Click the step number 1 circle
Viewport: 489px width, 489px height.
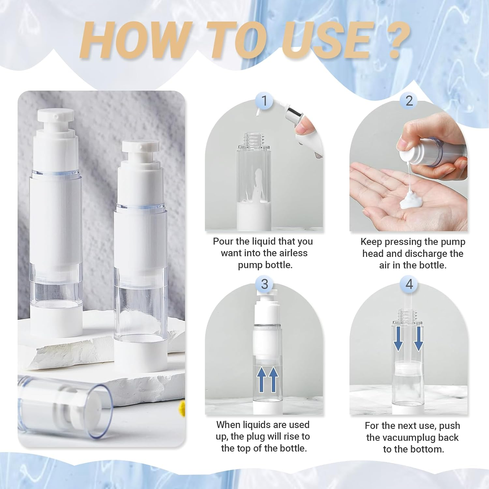pyautogui.click(x=264, y=101)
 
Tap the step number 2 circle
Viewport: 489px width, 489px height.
pyautogui.click(x=409, y=101)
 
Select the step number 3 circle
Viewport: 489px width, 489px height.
pyautogui.click(x=264, y=284)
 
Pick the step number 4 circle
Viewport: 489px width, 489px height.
pyautogui.click(x=409, y=284)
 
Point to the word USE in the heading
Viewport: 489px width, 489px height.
pyautogui.click(x=326, y=41)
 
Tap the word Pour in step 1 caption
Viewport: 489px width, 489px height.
pyautogui.click(x=223, y=241)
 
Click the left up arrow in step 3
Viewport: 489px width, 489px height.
pyautogui.click(x=262, y=379)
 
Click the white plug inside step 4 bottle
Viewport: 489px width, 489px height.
pyautogui.click(x=408, y=368)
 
